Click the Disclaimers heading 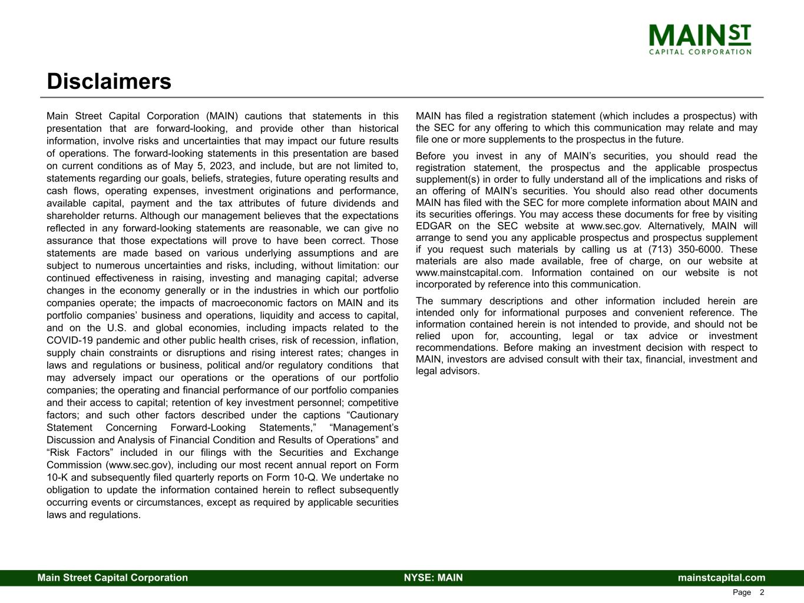(x=109, y=82)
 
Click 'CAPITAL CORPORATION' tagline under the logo (x=700, y=52)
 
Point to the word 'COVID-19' (x=67, y=340)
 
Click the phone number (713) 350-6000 (x=686, y=249)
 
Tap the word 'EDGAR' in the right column (x=434, y=226)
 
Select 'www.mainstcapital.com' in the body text (x=469, y=273)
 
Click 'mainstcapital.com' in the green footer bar (x=722, y=578)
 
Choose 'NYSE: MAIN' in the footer (x=434, y=578)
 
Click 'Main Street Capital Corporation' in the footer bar (x=113, y=578)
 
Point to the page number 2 (x=762, y=592)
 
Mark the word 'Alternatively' (x=672, y=226)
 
